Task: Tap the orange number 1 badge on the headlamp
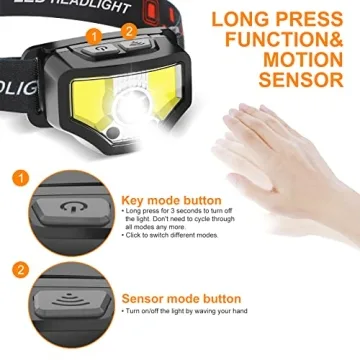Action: click(96, 36)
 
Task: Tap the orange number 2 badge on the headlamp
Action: click(130, 30)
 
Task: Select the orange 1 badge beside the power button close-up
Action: click(20, 178)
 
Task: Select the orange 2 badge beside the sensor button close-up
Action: click(20, 269)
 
